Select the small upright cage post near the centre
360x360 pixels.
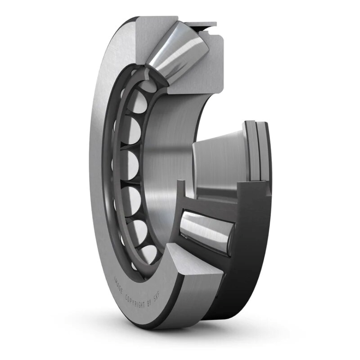[x=181, y=190]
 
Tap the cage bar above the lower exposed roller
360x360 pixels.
[x=209, y=205]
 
